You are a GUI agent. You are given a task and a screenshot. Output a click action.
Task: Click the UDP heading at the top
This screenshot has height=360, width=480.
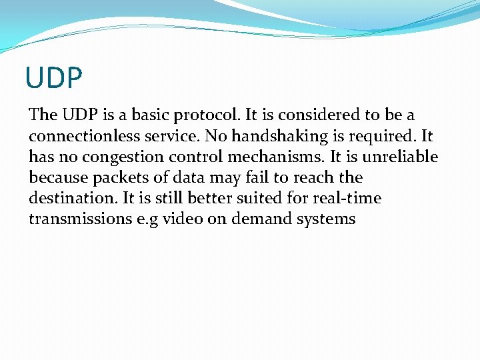click(x=53, y=77)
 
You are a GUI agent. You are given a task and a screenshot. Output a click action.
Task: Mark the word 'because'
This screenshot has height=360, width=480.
click(x=57, y=177)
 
